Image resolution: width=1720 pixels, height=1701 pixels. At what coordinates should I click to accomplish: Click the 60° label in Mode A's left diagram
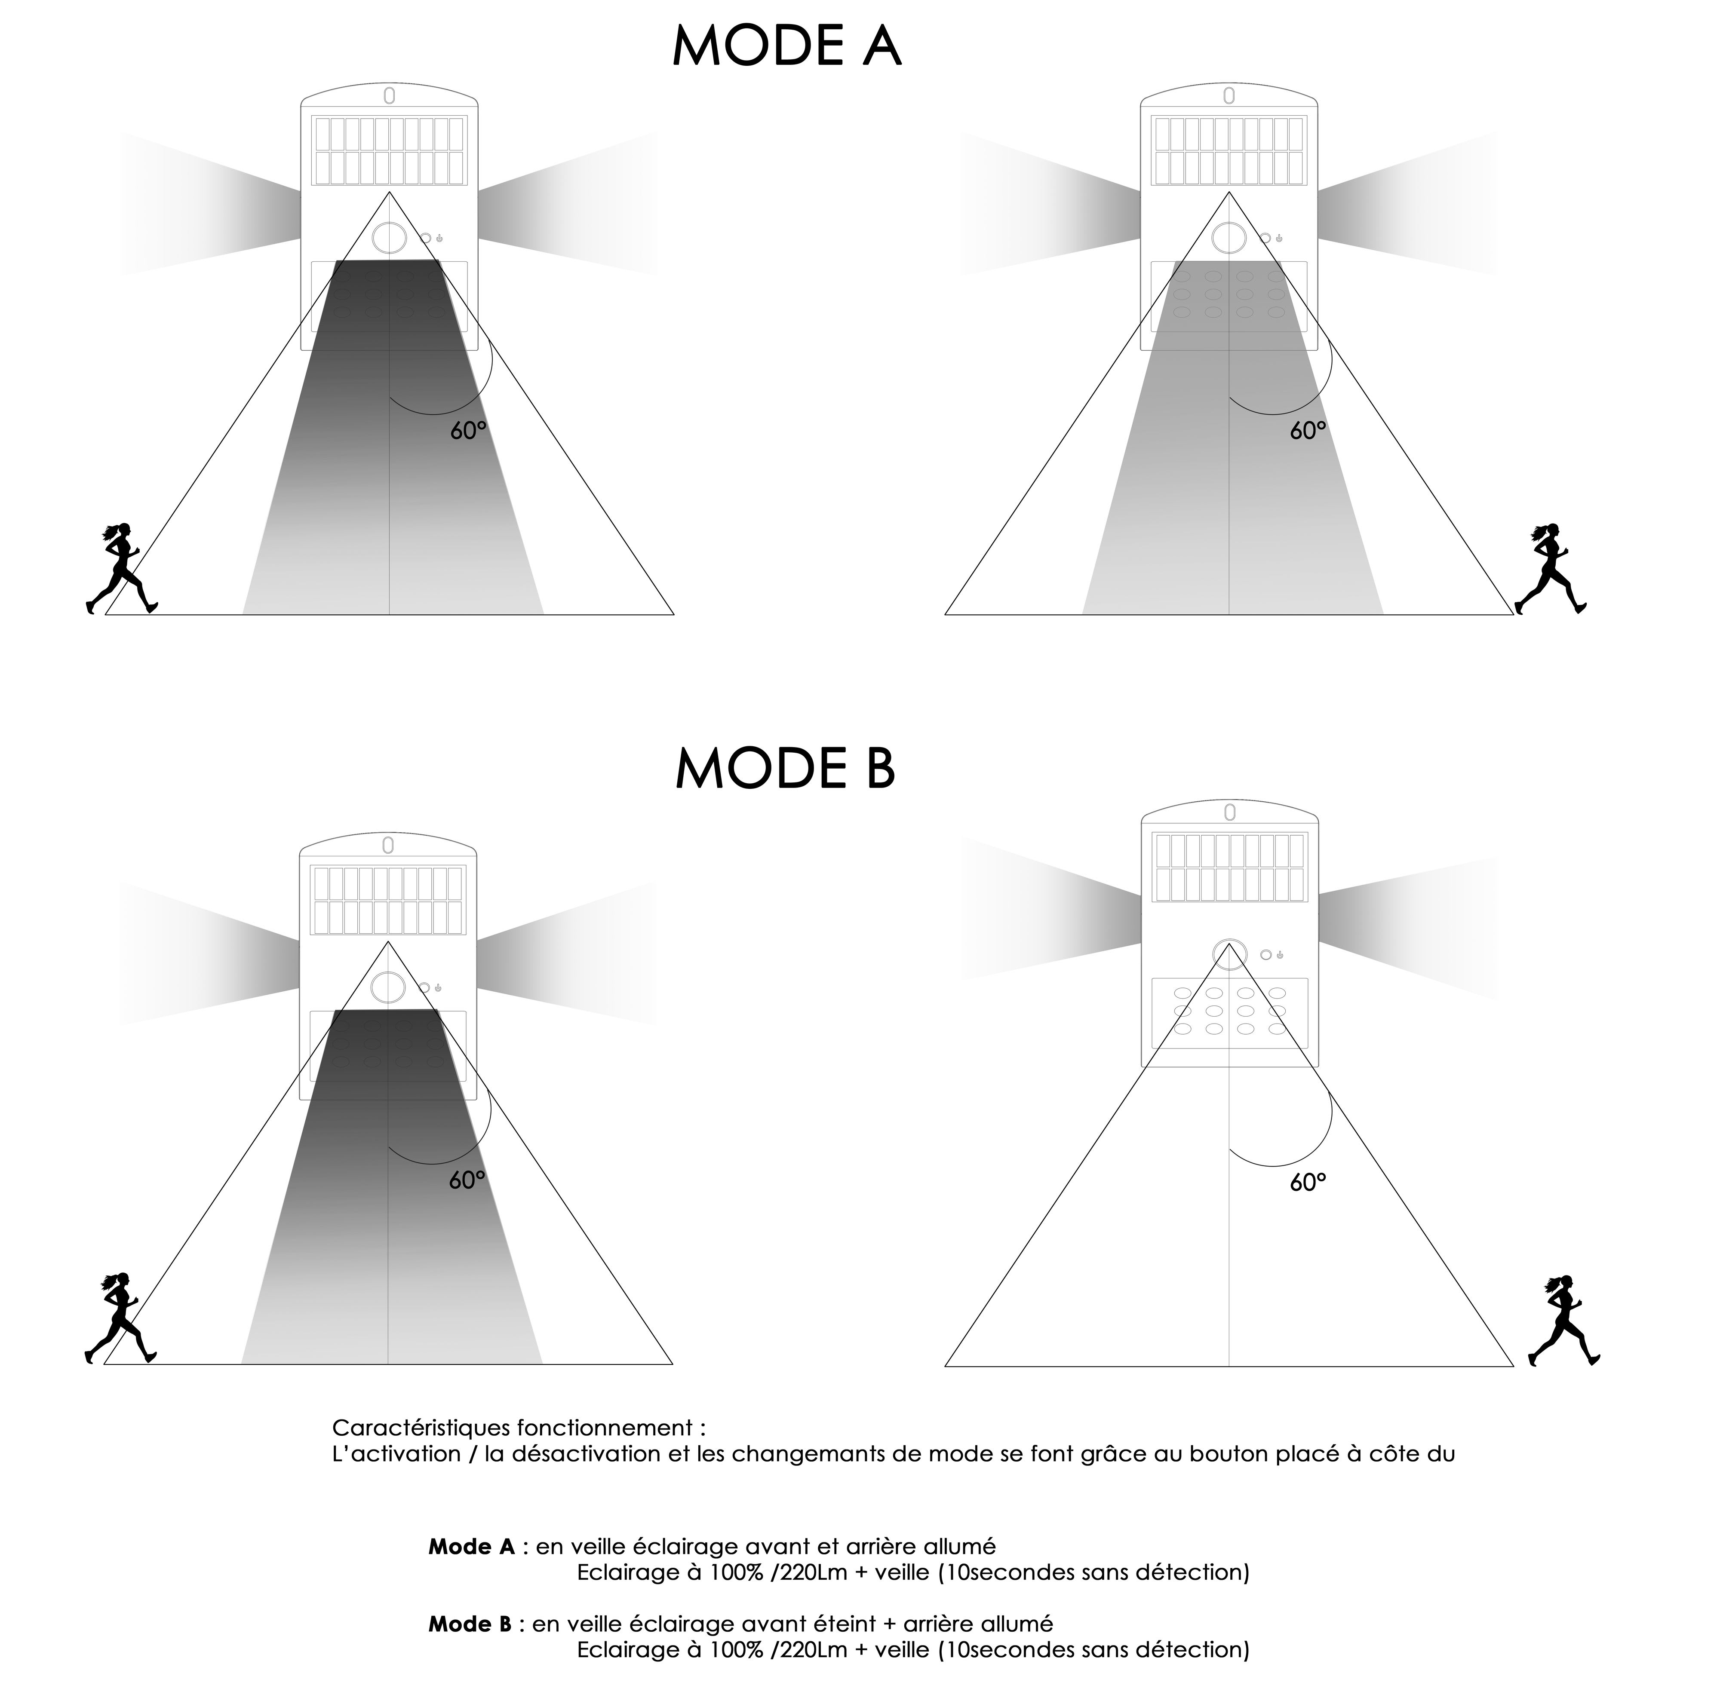point(468,431)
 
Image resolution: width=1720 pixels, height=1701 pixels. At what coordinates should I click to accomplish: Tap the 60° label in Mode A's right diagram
point(1308,431)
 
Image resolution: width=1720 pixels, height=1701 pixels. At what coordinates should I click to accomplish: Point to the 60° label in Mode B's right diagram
point(1308,1182)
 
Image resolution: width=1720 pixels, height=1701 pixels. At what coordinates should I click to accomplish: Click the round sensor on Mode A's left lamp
point(389,238)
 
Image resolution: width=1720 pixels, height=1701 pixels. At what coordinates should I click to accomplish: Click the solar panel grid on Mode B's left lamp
point(388,900)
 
